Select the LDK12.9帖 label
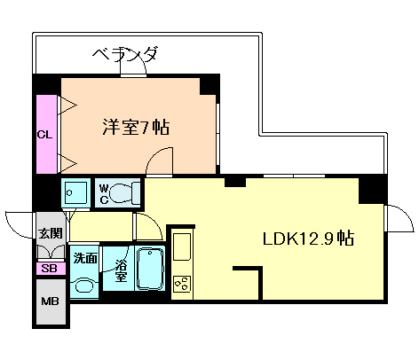tap(308, 238)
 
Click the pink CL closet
tap(45, 134)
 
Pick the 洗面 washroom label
tap(85, 259)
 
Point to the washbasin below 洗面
tap(84, 286)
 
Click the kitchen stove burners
tap(184, 286)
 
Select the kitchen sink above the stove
tap(182, 244)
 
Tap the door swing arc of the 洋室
tap(161, 160)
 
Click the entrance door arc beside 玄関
tap(20, 223)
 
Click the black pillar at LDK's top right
tap(372, 189)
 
